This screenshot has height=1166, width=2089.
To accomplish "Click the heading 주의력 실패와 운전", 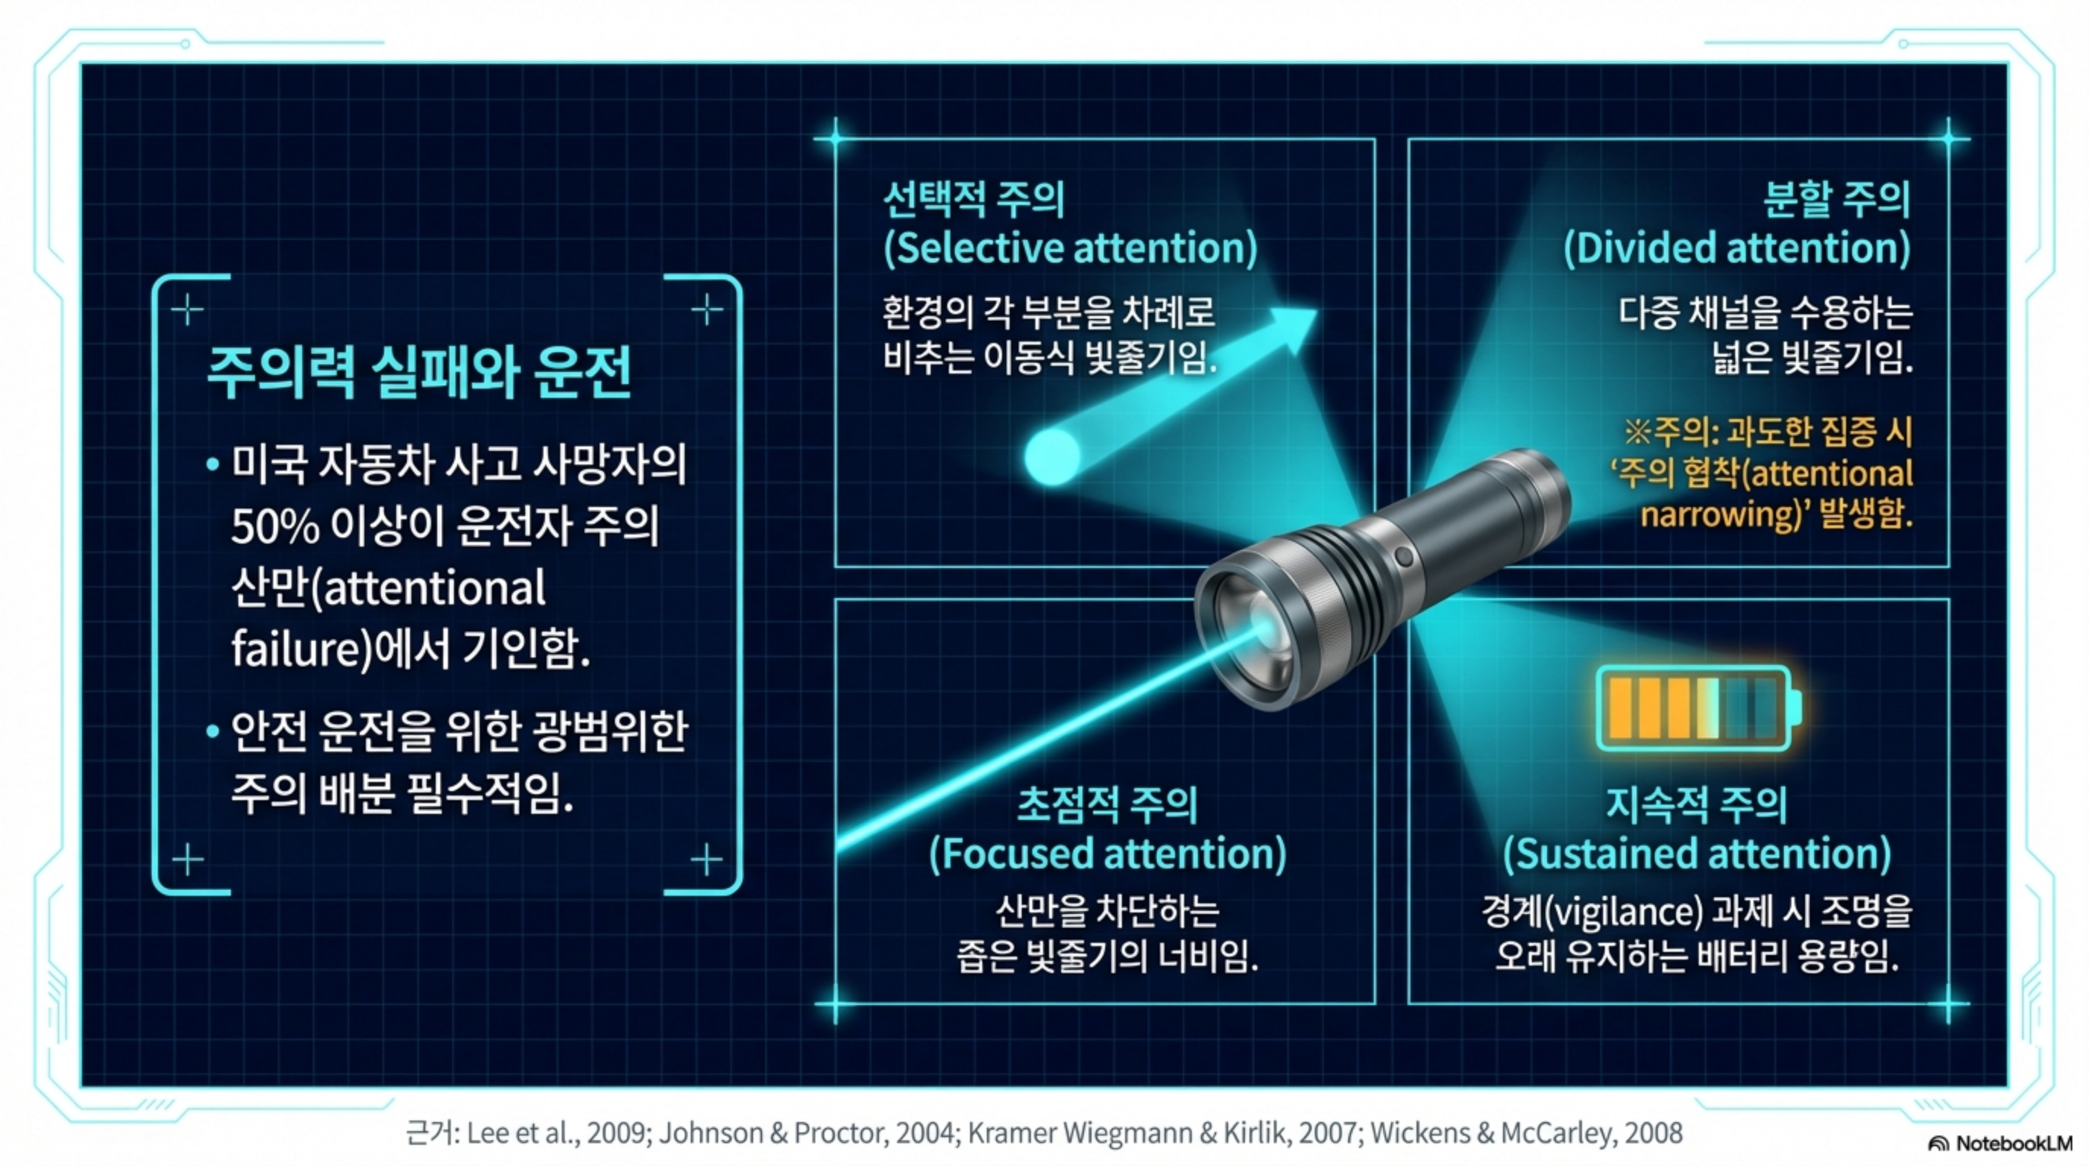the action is point(419,372).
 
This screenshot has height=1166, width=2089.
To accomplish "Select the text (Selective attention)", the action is point(1070,248).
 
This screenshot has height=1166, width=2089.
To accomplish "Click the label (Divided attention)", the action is point(1737,248).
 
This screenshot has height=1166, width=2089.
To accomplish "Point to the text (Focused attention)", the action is point(1108,854).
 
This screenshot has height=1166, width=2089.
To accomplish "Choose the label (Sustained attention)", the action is point(1697,854).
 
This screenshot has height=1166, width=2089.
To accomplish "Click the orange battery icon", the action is point(1698,707).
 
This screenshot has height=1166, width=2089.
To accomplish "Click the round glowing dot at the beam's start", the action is point(1053,456).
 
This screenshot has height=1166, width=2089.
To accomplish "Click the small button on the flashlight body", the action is point(1404,557).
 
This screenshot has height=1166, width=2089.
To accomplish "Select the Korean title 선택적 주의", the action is point(973,200).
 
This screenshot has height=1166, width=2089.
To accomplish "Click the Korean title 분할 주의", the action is point(1838,200).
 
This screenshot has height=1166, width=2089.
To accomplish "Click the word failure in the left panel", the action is point(289,649).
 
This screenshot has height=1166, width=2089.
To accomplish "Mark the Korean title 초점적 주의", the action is point(1108,805).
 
